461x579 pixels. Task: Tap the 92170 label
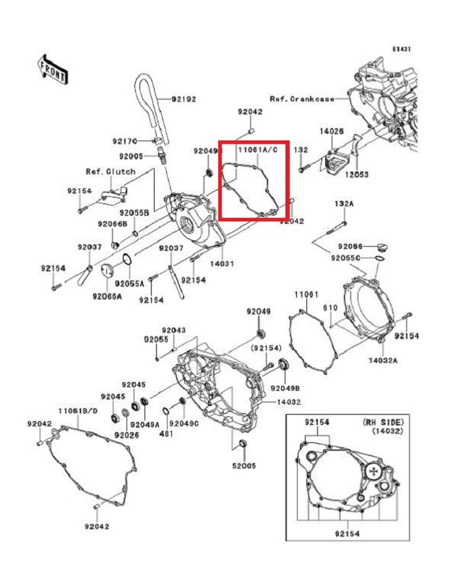(x=124, y=141)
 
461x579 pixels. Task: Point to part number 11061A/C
(x=256, y=148)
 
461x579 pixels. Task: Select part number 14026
(x=332, y=132)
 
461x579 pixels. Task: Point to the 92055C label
(x=347, y=257)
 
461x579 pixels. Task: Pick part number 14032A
(x=384, y=359)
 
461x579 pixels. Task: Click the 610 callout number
(x=329, y=308)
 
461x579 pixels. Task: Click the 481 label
(x=165, y=434)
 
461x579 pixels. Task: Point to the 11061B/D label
(x=78, y=411)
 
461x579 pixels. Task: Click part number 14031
(x=223, y=264)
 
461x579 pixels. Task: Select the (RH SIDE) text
(x=383, y=421)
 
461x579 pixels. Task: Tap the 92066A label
(x=106, y=296)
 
